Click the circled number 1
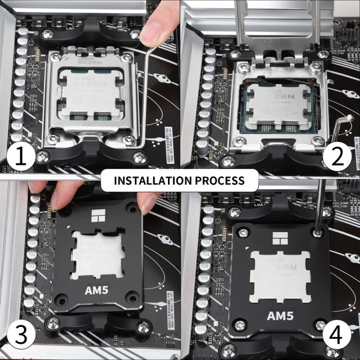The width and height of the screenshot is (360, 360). pyautogui.click(x=20, y=157)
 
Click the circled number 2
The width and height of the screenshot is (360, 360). pyautogui.click(x=338, y=157)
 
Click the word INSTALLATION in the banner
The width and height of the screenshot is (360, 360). pyautogui.click(x=151, y=181)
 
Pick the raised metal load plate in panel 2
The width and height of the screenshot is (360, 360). pyautogui.click(x=277, y=26)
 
